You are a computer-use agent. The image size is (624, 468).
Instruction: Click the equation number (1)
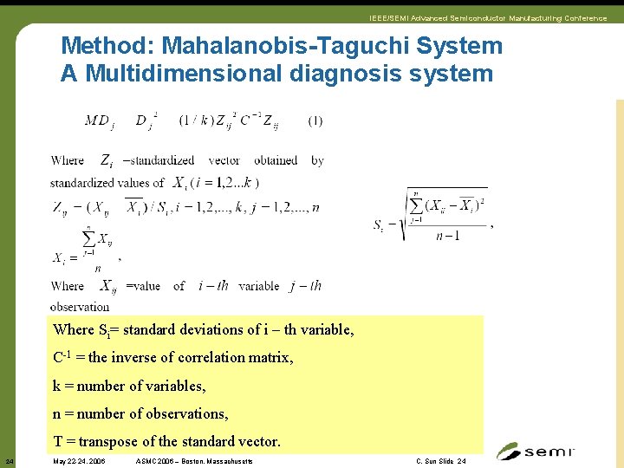pos(315,120)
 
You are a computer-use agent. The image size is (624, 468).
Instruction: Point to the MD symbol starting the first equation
pos(97,120)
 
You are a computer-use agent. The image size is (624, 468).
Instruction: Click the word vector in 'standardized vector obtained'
pos(224,160)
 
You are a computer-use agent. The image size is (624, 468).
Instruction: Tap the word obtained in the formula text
pos(275,160)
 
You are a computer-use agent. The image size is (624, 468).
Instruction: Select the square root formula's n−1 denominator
pos(447,235)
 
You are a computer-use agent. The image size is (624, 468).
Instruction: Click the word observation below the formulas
pos(80,307)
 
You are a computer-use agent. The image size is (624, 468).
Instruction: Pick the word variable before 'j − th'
pos(258,286)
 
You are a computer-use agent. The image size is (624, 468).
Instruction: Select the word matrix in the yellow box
pos(270,357)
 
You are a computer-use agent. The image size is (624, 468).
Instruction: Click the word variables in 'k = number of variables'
pos(177,386)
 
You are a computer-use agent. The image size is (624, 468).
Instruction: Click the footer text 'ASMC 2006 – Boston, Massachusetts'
pos(193,462)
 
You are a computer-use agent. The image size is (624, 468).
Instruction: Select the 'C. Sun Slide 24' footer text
pos(440,462)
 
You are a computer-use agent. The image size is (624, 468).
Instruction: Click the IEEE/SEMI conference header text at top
pos(488,17)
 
